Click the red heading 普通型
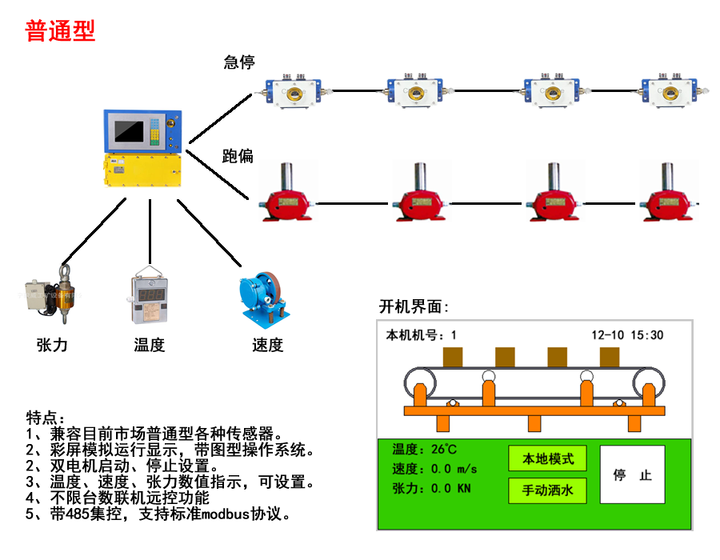click(x=60, y=31)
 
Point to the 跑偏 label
click(x=238, y=156)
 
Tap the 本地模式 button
click(x=547, y=459)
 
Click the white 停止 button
click(x=632, y=475)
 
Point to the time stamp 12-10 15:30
click(x=627, y=335)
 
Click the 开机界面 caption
click(x=413, y=307)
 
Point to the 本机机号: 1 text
click(x=421, y=335)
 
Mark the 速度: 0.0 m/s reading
click(x=434, y=469)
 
